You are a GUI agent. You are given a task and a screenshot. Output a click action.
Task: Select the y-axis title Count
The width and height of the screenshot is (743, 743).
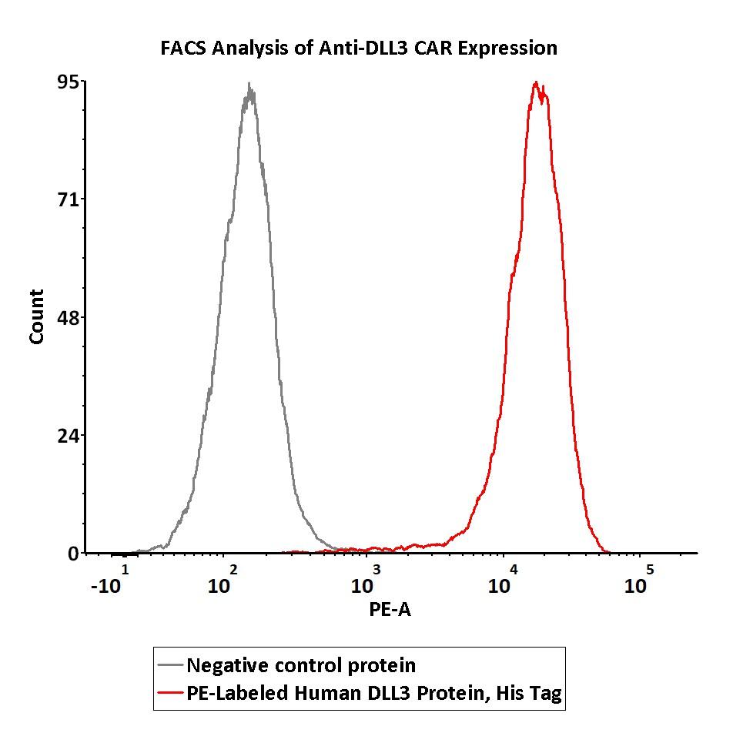[36, 316]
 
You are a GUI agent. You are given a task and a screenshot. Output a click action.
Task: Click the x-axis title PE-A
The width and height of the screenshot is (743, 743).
[390, 609]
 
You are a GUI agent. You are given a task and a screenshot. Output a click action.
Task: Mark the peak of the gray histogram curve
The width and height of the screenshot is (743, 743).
[249, 85]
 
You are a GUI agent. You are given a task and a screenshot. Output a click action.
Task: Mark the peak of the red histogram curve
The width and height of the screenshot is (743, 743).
[535, 82]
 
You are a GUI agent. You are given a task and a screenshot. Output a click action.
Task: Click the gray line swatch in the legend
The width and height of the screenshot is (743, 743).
[169, 665]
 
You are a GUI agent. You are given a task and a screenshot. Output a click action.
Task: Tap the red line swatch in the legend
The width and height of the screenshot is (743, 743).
[169, 693]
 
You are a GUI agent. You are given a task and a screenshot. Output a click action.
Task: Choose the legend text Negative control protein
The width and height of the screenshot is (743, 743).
[301, 665]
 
